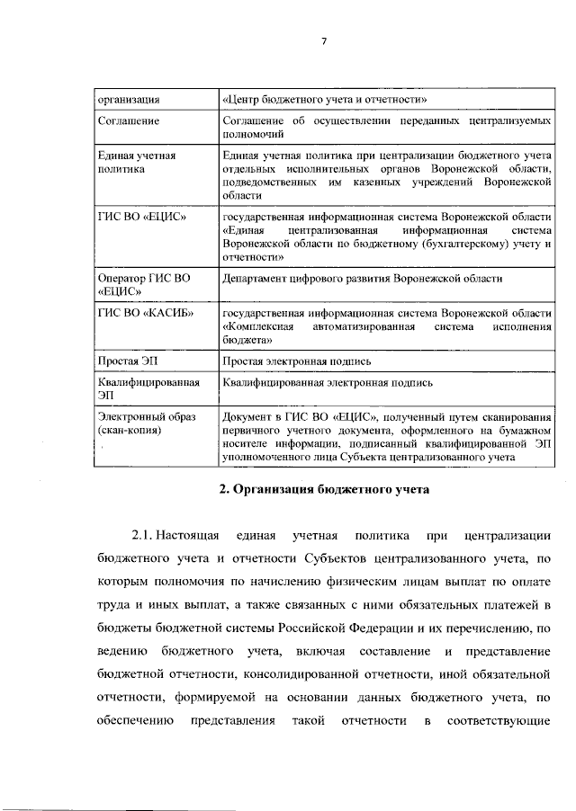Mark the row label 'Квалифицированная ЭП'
click(148, 388)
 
